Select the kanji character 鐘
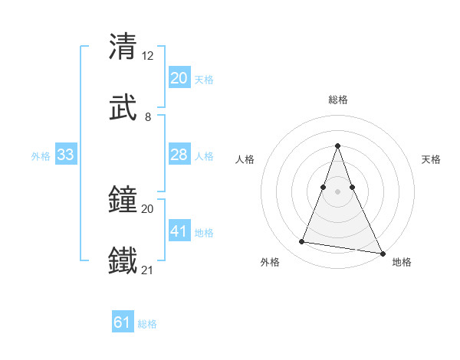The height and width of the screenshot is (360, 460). (123, 198)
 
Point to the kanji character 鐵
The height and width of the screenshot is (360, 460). (123, 260)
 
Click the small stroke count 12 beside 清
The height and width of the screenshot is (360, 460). (148, 55)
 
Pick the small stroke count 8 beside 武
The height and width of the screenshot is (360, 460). (148, 117)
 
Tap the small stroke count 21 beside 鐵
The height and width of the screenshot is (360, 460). (148, 270)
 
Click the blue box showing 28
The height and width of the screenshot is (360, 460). (179, 155)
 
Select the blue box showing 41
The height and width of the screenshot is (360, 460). (179, 231)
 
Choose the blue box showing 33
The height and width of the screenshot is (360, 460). (66, 155)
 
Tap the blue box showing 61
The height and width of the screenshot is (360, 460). (123, 322)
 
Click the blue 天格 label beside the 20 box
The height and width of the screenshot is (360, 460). (204, 80)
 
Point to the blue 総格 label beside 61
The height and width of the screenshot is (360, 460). (147, 324)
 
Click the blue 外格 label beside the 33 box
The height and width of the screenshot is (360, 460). (41, 156)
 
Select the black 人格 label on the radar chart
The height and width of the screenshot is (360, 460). (245, 160)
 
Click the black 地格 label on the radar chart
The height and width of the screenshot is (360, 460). (402, 262)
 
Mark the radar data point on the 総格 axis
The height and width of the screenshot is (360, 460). (337, 146)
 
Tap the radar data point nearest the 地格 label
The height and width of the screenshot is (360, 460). (381, 253)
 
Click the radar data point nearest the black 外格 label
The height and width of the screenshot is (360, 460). (301, 242)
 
